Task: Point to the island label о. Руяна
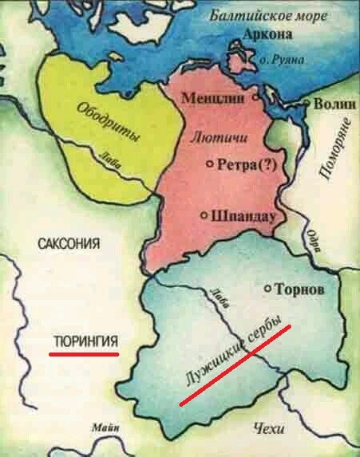point(278,59)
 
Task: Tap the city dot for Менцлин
point(256,97)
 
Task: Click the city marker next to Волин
point(306,104)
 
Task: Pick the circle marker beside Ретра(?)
point(210,163)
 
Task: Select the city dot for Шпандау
point(204,215)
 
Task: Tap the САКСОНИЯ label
point(70,243)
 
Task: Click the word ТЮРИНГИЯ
point(85,341)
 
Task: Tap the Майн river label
point(105,428)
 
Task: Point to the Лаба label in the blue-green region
point(218,296)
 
